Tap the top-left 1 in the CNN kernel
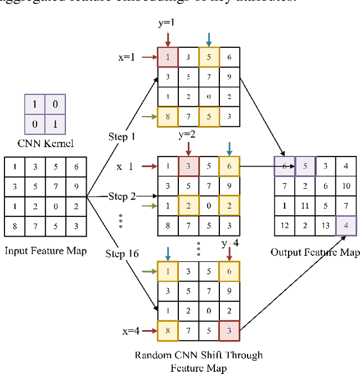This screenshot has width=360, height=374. (34, 105)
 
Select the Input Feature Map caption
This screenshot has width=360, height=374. (45, 250)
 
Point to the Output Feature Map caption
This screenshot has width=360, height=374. (315, 252)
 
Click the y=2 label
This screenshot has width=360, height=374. (188, 135)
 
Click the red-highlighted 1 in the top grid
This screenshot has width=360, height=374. (167, 56)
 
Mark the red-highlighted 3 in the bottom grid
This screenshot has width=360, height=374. (228, 331)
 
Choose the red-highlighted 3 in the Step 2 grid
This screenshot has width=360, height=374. (188, 166)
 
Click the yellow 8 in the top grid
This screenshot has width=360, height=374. (167, 117)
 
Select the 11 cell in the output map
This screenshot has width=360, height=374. (305, 206)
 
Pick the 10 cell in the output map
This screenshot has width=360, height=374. (346, 186)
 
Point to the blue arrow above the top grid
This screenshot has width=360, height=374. (209, 39)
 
